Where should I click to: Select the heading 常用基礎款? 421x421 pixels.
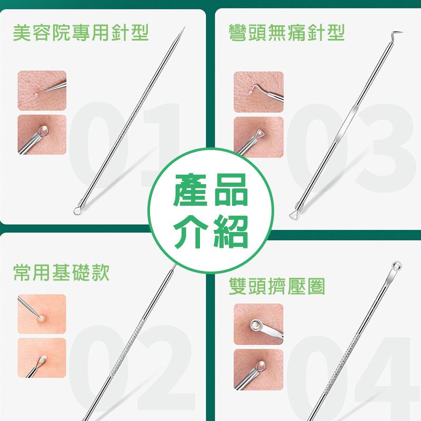coord(62,272)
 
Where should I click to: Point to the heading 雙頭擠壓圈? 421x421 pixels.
coord(277,287)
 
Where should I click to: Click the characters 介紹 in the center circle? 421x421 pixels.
coord(210,230)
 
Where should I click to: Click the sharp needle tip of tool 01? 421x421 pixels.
coord(184,27)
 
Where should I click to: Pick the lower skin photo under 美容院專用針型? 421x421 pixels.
coord(42,135)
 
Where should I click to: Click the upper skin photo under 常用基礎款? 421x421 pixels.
coord(42,313)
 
